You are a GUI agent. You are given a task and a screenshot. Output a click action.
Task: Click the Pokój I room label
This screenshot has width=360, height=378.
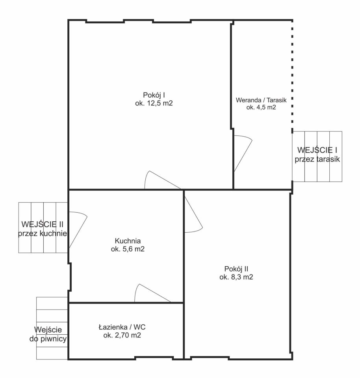(154, 95)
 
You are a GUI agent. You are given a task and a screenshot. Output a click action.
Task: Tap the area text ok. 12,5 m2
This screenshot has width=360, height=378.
(154, 103)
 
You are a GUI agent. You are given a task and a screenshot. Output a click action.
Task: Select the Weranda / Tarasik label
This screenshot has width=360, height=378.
(261, 100)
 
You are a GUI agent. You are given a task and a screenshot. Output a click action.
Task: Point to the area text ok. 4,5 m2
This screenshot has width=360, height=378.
(261, 107)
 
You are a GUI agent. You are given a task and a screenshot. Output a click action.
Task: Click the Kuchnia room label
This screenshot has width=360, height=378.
(128, 241)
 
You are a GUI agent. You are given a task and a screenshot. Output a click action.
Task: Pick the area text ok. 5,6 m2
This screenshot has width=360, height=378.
(128, 249)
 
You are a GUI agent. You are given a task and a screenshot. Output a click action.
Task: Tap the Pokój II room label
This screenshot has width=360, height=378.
(236, 269)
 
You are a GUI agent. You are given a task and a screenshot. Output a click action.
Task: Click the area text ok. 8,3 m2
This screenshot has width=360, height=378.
(236, 277)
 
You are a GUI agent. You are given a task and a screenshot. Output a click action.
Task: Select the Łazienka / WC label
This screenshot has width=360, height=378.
(122, 327)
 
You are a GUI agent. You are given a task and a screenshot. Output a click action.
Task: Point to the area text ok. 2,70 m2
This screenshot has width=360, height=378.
(122, 335)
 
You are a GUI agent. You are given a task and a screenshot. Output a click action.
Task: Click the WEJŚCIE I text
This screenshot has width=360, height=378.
(317, 150)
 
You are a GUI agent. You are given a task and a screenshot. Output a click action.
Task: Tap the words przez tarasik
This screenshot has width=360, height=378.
(317, 159)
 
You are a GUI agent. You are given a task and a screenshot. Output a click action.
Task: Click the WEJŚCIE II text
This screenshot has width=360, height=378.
(43, 224)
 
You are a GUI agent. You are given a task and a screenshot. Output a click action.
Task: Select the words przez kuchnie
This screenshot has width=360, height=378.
(43, 233)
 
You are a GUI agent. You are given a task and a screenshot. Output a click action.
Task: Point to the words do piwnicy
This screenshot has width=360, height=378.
(48, 339)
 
